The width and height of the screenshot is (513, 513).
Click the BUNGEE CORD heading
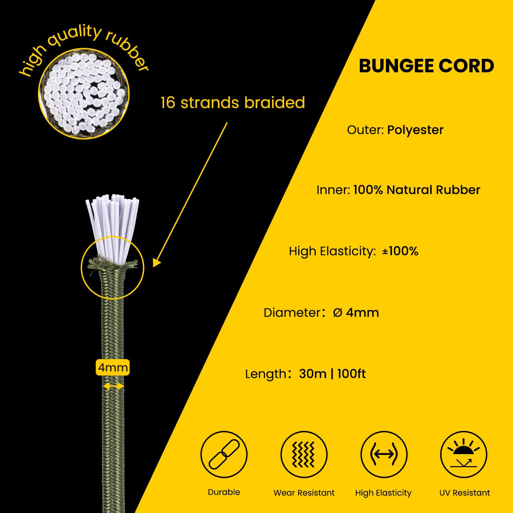pyautogui.click(x=426, y=66)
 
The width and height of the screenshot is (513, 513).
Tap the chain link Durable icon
pyautogui.click(x=224, y=454)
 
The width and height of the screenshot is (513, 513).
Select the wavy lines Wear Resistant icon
pyautogui.click(x=304, y=454)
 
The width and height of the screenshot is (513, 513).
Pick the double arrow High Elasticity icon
pyautogui.click(x=384, y=454)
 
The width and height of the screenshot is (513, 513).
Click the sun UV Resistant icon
pyautogui.click(x=464, y=454)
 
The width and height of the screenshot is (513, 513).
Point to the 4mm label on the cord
pyautogui.click(x=113, y=368)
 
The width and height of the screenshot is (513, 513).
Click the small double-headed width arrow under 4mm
pyautogui.click(x=114, y=386)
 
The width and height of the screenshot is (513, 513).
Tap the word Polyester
pyautogui.click(x=415, y=130)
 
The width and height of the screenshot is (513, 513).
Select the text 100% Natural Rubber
pyautogui.click(x=417, y=190)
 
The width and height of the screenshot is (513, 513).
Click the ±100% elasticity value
pyautogui.click(x=400, y=251)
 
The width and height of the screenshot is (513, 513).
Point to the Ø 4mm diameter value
pyautogui.click(x=356, y=313)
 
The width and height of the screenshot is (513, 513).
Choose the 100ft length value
pyautogui.click(x=352, y=374)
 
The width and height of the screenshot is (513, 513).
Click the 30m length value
pyautogui.click(x=313, y=374)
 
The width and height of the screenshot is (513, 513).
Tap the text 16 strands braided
pyautogui.click(x=233, y=103)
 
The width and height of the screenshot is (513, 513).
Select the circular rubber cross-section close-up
pyautogui.click(x=84, y=93)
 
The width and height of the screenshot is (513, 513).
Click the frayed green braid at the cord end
pyautogui.click(x=112, y=263)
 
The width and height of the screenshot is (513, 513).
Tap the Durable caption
pyautogui.click(x=224, y=492)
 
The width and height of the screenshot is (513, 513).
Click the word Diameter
pyautogui.click(x=292, y=313)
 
